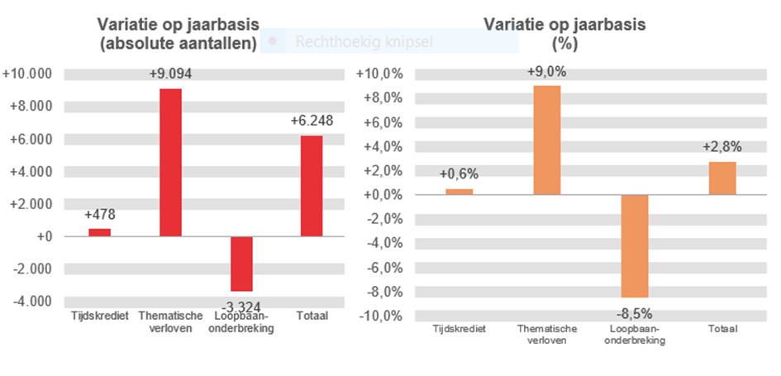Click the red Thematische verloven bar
coord(170,162)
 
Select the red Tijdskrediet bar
coord(99,232)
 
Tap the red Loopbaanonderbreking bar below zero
coord(241,264)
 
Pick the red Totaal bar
coord(312,186)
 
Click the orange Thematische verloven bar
coord(547,140)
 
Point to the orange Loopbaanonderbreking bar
coord(635,245)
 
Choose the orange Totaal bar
coord(722,178)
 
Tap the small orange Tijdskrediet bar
coord(460,192)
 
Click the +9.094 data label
coord(171,74)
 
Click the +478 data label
coord(100,215)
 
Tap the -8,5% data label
coord(635,314)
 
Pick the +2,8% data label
coord(722,147)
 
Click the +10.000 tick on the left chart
coord(28,74)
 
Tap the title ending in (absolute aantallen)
coord(176,35)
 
